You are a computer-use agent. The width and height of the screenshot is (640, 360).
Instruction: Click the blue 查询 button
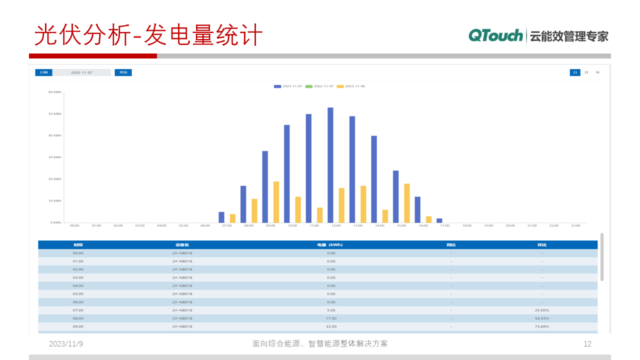coord(123,72)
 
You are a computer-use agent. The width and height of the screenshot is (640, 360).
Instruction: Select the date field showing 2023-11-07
coord(81,72)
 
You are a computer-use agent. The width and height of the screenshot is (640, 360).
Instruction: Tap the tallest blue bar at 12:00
coord(330,165)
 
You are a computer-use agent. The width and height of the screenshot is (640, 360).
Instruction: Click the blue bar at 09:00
coord(265,186)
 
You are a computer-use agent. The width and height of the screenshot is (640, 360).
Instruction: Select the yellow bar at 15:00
coord(407,203)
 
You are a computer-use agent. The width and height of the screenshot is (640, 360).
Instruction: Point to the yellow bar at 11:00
coord(320,215)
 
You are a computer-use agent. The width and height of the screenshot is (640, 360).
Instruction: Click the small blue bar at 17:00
coord(439,220)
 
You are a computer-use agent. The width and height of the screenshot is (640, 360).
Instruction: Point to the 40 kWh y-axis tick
coord(55,135)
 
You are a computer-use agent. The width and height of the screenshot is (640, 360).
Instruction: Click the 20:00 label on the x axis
coord(510,225)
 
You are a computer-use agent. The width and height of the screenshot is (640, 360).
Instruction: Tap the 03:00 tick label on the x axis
coord(139,225)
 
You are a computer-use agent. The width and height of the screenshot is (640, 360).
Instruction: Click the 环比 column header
coord(541,245)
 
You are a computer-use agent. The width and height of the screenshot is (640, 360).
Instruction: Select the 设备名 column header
coord(182,245)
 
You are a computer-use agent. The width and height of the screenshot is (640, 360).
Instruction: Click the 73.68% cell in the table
coord(541,326)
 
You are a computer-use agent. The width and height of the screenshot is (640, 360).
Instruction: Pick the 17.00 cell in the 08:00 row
coord(331,318)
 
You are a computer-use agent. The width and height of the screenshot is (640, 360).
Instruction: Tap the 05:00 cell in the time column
coord(78,294)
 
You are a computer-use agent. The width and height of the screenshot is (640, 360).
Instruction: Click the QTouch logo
coord(495,35)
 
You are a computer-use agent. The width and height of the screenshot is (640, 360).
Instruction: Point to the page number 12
coord(587,343)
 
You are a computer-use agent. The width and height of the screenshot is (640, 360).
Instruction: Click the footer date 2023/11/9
coord(66,343)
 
